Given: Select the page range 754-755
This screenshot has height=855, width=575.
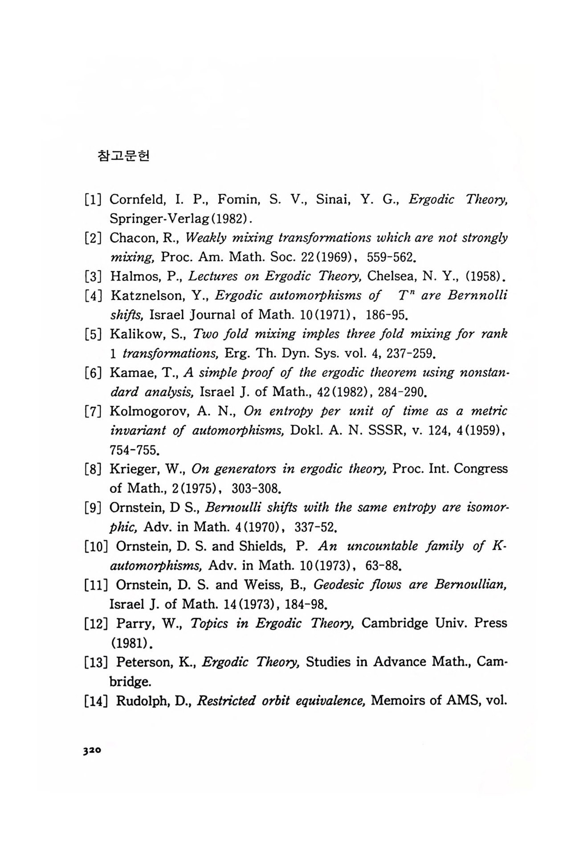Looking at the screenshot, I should pos(134,450).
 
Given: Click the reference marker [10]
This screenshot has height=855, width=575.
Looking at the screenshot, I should pos(96,546).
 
